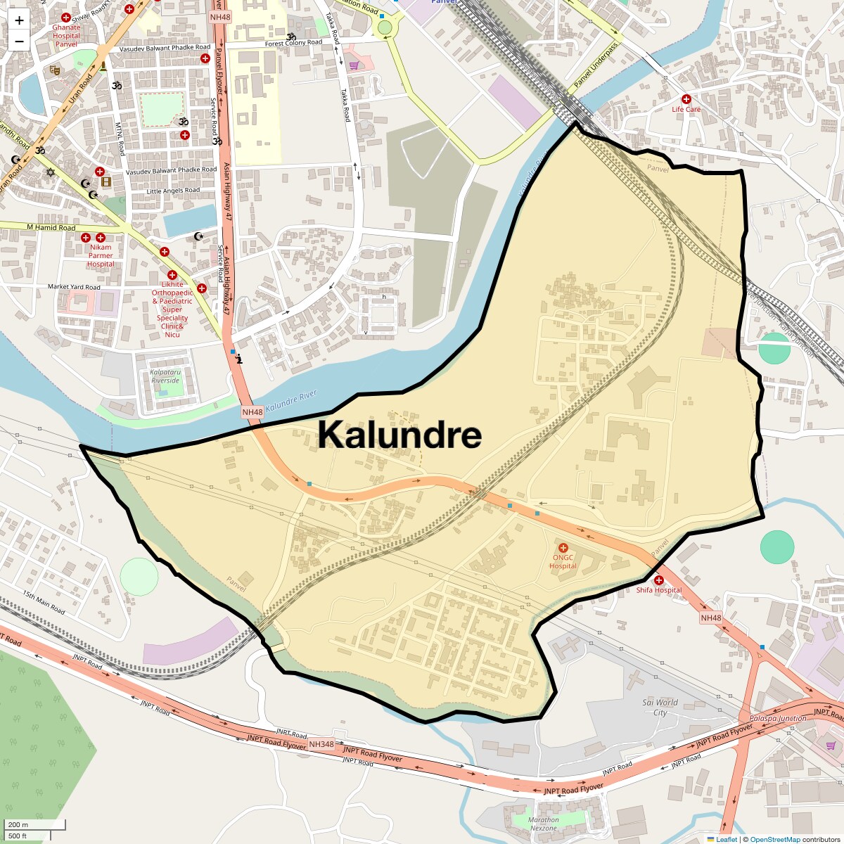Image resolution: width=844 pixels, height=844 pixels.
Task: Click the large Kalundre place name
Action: point(399,435)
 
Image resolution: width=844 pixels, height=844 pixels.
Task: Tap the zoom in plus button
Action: point(19,20)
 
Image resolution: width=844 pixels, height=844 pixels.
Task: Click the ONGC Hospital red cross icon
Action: point(563,548)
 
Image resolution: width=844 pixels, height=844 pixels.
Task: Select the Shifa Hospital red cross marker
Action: point(659,580)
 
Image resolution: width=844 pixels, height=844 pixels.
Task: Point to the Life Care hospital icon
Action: point(686,99)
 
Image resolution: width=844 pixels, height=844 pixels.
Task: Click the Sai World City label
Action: point(660,707)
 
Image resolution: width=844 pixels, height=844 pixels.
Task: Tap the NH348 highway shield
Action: point(321,744)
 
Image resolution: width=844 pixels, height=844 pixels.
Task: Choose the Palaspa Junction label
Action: point(777,718)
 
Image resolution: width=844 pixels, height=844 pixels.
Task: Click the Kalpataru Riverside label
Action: point(165,376)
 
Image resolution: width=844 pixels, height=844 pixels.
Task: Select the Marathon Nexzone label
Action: point(544,824)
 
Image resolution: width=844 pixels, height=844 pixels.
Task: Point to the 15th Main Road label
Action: point(44,603)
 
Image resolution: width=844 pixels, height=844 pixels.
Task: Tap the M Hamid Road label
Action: point(51,227)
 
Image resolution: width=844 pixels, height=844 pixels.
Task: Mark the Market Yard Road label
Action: point(74,287)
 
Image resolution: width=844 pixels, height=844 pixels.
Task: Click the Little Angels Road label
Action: point(173,191)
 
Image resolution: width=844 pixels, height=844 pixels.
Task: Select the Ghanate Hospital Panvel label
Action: point(66,36)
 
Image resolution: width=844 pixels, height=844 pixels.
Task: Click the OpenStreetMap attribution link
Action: point(774,839)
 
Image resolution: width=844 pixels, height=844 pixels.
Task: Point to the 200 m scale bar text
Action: point(18,824)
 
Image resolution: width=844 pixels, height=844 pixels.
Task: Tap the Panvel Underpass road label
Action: point(596,65)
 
